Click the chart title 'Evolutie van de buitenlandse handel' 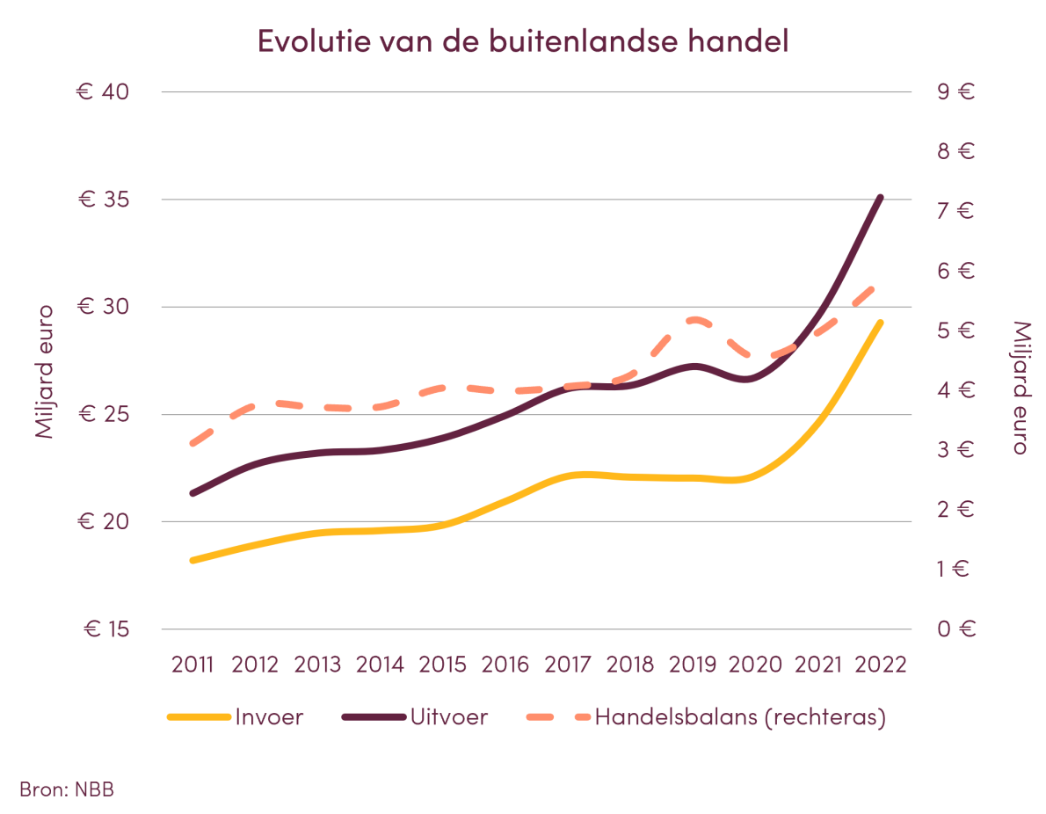coord(523,41)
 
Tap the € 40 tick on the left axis coord(103,92)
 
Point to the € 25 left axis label coord(103,415)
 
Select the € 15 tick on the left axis coord(105,629)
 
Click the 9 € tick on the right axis coord(955,92)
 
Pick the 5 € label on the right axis coord(955,331)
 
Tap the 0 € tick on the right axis coord(955,629)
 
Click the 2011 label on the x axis coord(192,664)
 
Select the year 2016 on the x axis coord(505,664)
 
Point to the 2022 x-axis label coord(881,664)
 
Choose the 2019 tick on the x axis coord(694,664)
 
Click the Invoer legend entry coord(268,717)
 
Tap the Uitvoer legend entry coord(448,717)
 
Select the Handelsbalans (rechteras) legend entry coord(739,717)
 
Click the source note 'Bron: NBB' coord(67,789)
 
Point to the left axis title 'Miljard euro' coord(44,372)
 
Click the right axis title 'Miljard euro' coord(1019,387)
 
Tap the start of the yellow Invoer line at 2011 coord(192,560)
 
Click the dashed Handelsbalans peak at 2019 coord(695,320)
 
